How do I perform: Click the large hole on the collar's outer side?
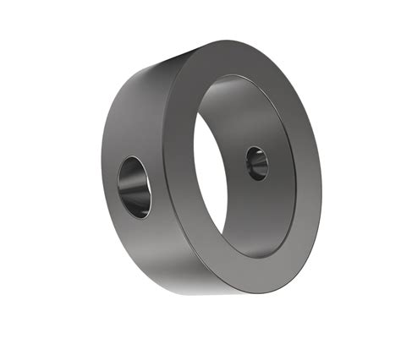click(x=135, y=185)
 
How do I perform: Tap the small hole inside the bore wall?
click(x=256, y=162)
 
